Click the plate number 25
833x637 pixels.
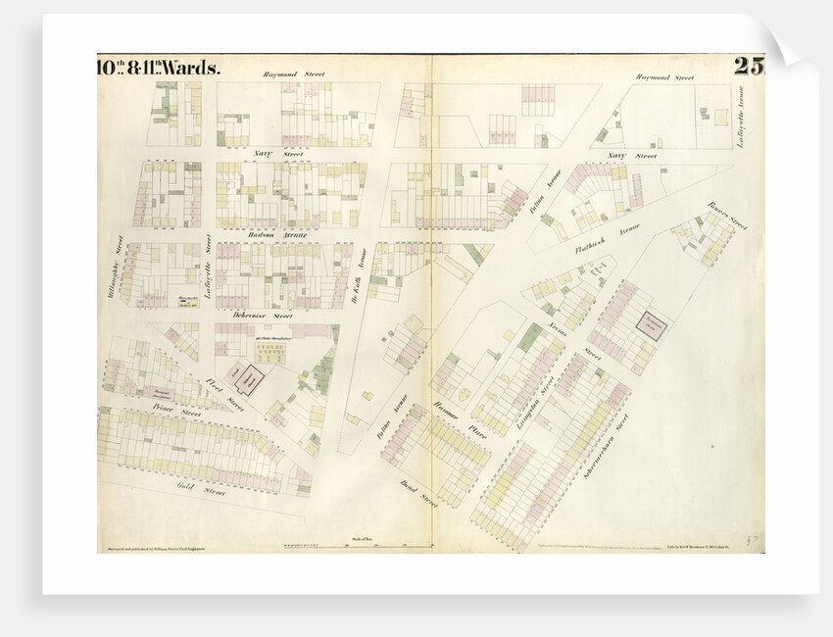pyautogui.click(x=748, y=68)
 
